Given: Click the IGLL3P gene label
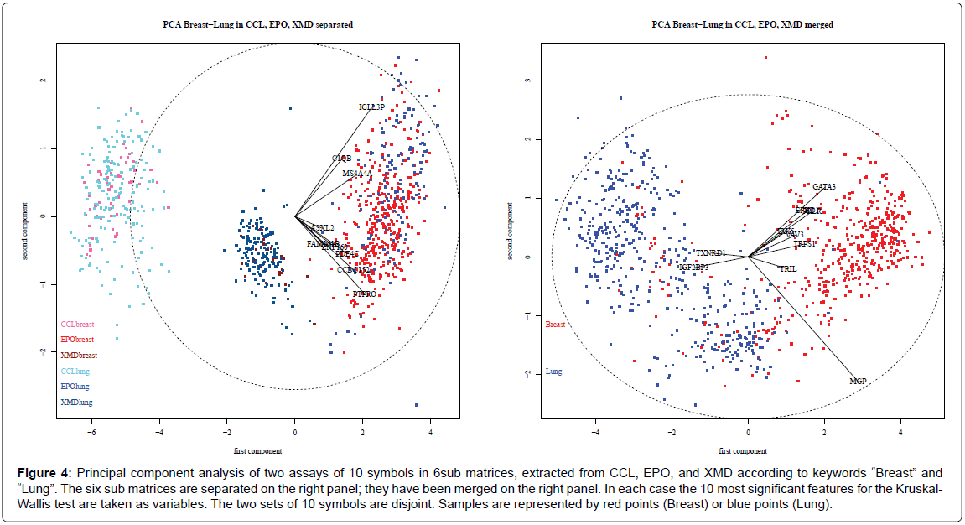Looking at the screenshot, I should click(x=371, y=107).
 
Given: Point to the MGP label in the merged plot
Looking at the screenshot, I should click(x=858, y=381).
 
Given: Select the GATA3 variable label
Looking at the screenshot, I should click(x=824, y=186).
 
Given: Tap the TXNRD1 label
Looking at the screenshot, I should click(x=710, y=252).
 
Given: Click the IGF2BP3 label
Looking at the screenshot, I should click(x=694, y=268).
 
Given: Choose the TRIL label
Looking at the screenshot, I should click(x=787, y=269).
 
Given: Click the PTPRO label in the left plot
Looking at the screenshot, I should click(x=365, y=294).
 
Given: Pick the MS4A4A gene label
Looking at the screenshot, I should click(x=356, y=174).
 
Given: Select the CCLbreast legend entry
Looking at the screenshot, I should click(x=76, y=324).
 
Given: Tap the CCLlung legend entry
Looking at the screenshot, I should click(x=75, y=371).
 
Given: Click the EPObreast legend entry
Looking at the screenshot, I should click(x=76, y=340).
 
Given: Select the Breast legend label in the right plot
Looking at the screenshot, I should click(x=555, y=324).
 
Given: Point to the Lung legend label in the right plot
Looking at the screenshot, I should click(x=553, y=371).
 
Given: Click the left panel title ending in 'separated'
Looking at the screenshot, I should click(x=257, y=25).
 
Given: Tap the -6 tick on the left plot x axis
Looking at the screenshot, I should click(x=91, y=434).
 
